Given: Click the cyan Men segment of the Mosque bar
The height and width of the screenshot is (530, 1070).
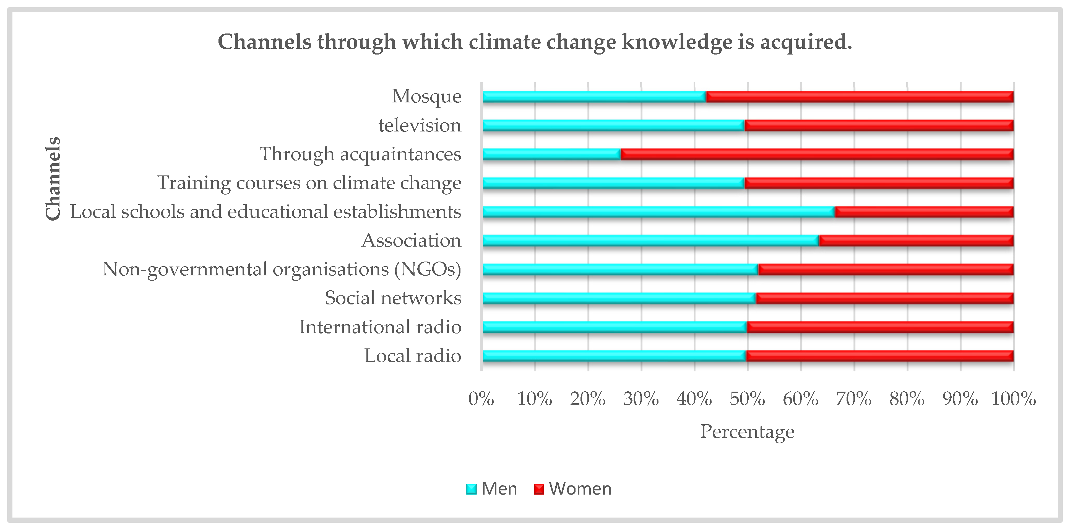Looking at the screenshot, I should [594, 97].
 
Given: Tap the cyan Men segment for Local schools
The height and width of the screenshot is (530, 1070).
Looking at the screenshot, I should [658, 212].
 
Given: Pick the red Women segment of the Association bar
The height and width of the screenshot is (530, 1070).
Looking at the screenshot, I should [916, 241].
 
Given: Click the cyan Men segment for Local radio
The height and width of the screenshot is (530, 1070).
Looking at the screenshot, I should [614, 356].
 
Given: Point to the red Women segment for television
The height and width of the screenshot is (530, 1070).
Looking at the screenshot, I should [879, 126].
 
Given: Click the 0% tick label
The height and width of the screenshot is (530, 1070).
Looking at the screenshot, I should [481, 399].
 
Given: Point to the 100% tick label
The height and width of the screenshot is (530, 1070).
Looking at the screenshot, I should [1014, 399].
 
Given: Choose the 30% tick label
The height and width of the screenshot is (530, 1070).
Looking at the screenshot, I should [641, 399].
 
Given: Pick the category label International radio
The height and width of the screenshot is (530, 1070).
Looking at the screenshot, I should [380, 327].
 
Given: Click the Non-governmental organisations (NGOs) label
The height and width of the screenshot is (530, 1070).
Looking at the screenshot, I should [282, 269].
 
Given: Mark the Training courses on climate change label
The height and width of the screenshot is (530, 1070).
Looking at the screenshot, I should [309, 183].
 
